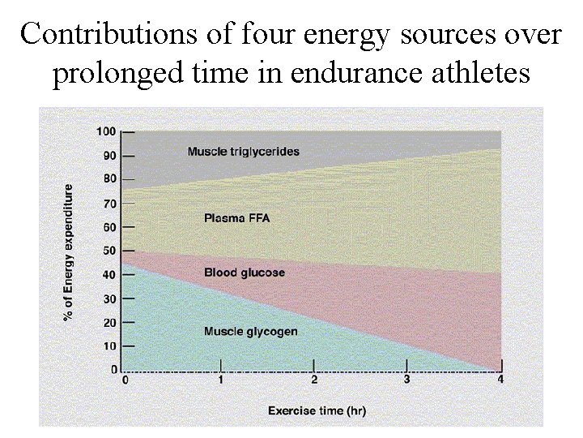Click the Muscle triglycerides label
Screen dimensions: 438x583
243,151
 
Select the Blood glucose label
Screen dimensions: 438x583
245,273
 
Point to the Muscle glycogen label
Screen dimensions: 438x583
250,331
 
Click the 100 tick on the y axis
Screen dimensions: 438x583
105,131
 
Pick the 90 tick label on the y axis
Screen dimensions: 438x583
108,156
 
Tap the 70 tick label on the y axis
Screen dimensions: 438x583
108,204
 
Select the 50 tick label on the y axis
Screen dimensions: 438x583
108,251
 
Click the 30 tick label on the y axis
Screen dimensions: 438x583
108,299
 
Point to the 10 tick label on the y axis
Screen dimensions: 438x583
108,346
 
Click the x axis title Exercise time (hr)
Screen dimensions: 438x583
317,411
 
